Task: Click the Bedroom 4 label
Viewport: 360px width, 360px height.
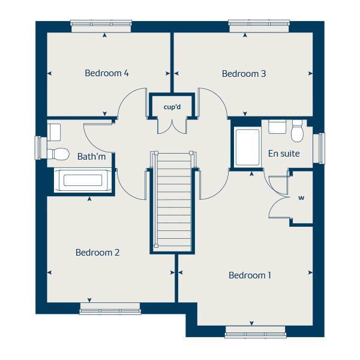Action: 107,73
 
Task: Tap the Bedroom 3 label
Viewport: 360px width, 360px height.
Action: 244,74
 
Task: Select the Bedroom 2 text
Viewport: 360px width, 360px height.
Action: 97,253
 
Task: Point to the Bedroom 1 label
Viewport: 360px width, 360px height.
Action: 250,275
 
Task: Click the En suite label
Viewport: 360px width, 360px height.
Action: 283,154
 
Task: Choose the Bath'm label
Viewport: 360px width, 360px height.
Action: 91,157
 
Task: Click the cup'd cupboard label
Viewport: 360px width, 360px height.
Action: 172,107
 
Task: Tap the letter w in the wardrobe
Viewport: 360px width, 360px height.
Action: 301,197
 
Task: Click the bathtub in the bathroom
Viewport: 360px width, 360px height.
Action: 84,181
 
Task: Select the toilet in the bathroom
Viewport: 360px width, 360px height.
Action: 58,154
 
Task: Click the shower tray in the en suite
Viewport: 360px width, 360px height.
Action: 247,147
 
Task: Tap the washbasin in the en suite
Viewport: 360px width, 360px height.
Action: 277,127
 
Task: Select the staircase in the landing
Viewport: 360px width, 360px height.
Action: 172,201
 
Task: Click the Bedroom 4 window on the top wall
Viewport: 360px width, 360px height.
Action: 101,26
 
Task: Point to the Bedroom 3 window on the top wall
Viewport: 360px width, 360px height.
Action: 259,26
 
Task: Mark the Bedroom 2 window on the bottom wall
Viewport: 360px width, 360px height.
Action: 110,308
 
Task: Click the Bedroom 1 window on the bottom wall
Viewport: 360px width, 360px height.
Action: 255,331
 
